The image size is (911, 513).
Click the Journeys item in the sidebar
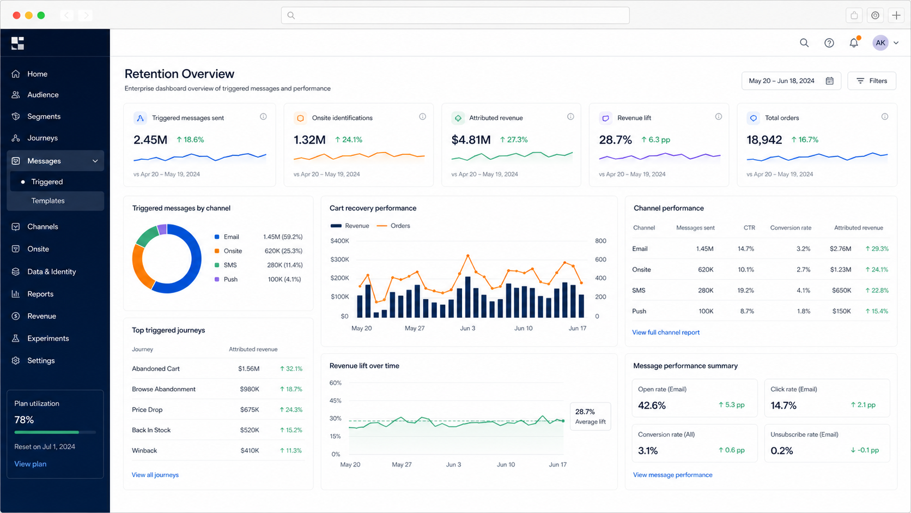(42, 138)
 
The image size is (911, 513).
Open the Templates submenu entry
(48, 201)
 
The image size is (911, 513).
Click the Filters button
(872, 81)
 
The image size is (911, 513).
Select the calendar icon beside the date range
(830, 81)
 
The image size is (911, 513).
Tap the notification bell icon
(854, 43)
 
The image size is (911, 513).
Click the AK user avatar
(880, 43)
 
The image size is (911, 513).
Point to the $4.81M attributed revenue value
(471, 140)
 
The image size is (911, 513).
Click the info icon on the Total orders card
(884, 117)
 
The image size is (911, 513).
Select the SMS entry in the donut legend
(230, 265)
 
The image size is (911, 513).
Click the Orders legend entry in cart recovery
(393, 225)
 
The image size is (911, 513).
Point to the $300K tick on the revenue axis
(339, 259)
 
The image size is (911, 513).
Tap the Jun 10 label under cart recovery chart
(523, 328)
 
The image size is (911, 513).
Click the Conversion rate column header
(791, 227)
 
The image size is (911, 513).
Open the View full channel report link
(666, 332)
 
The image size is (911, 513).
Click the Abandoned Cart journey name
(156, 369)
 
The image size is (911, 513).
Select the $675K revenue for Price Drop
(250, 409)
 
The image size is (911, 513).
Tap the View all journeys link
(155, 475)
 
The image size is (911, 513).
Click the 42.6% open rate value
(652, 405)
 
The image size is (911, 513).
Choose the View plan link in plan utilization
(30, 464)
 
